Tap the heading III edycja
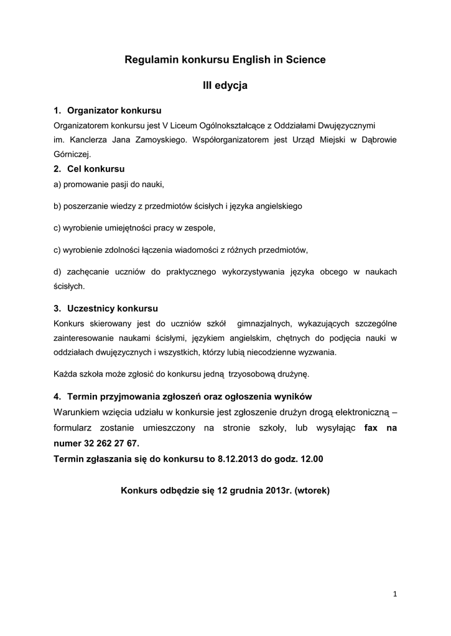click(225, 86)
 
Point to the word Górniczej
click(72, 154)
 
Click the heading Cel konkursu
click(96, 169)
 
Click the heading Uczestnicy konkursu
click(113, 308)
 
